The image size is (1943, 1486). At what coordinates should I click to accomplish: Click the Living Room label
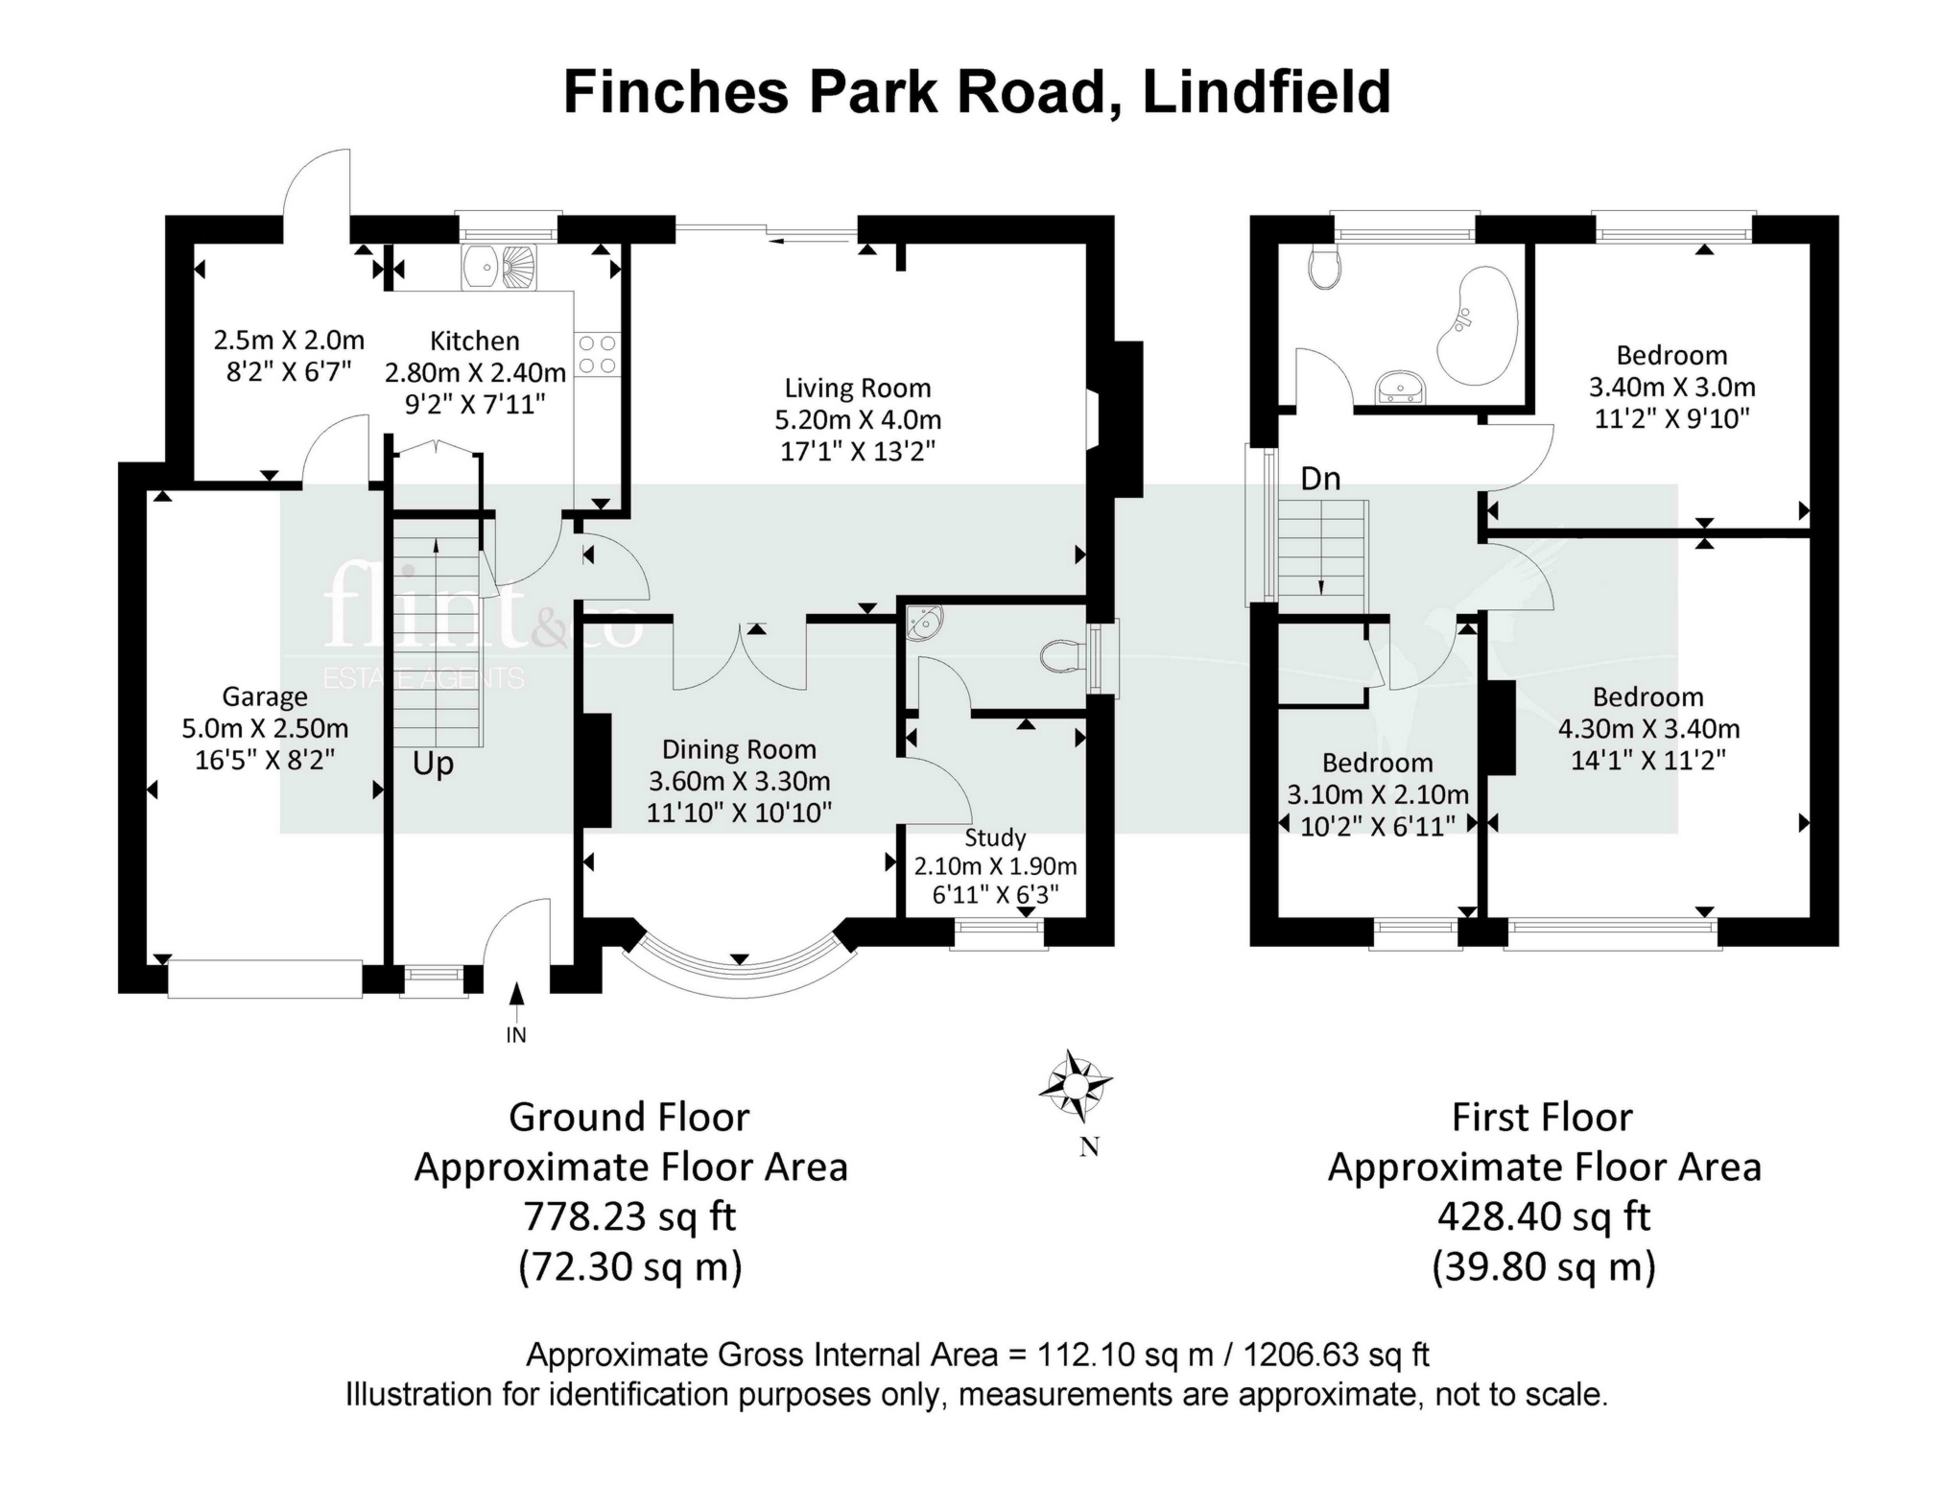[857, 389]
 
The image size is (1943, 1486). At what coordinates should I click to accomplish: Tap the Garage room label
[265, 696]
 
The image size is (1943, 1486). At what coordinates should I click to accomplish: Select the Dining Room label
[739, 750]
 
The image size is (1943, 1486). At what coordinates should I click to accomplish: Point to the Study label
[995, 837]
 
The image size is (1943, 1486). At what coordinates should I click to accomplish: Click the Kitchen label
[474, 341]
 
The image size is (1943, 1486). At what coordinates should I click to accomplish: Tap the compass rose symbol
[1076, 1086]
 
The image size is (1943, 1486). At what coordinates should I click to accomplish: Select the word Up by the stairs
[433, 765]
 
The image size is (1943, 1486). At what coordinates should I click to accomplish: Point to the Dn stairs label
[1320, 479]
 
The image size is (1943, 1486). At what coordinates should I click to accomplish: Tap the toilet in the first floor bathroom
[1325, 269]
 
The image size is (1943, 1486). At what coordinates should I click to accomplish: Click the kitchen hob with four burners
[597, 354]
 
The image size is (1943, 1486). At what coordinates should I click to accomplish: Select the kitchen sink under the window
[499, 266]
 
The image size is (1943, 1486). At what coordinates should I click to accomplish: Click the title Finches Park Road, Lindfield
[976, 92]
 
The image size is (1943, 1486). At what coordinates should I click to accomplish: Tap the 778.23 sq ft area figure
[629, 1216]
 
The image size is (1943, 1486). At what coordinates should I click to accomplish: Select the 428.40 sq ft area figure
[1543, 1216]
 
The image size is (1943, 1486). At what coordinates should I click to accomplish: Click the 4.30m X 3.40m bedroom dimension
[1648, 729]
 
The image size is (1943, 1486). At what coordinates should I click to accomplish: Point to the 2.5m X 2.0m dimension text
[289, 341]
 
